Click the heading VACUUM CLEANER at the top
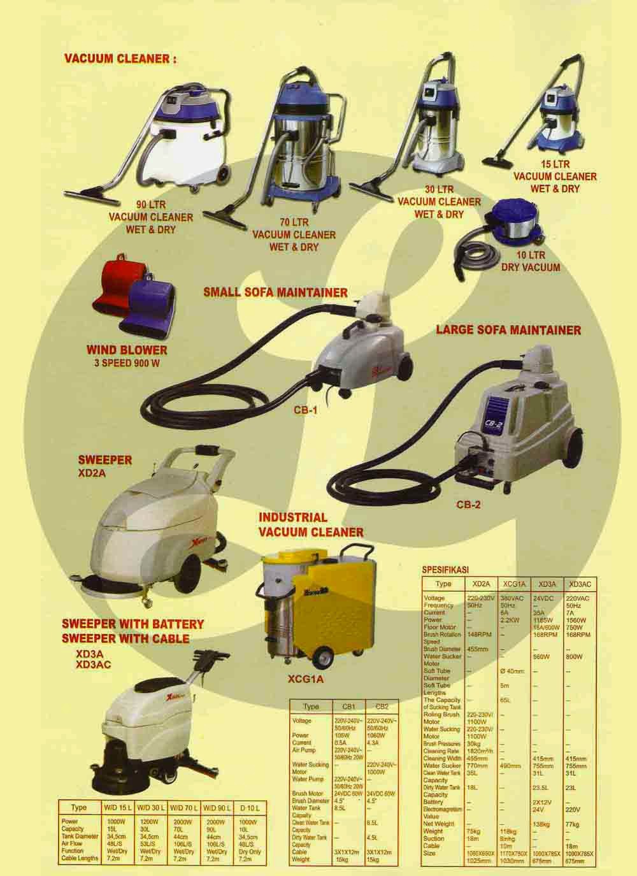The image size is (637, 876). click(120, 59)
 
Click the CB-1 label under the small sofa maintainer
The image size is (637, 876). click(305, 411)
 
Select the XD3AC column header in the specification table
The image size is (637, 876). click(580, 584)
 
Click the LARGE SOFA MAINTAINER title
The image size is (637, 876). click(508, 329)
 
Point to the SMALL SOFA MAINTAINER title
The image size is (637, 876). click(275, 292)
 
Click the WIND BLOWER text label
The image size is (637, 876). click(127, 350)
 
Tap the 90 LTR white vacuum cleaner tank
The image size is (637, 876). click(172, 147)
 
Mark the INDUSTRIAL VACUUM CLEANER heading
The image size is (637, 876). click(310, 524)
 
